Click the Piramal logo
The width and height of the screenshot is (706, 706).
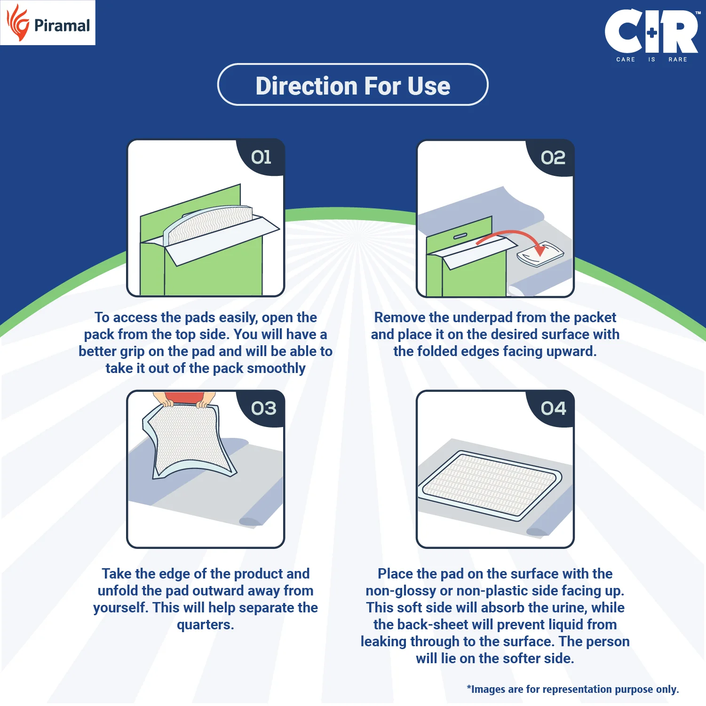[x=48, y=23]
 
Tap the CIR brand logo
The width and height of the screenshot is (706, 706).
[x=651, y=32]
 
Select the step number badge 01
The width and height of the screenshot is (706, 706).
[x=262, y=157]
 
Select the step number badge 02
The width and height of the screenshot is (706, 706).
[x=553, y=158]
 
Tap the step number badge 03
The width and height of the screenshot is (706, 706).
[x=263, y=408]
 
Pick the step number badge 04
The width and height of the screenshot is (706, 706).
[x=553, y=408]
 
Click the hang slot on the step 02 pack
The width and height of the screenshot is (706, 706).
[x=460, y=236]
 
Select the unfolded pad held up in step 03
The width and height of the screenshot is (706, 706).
[x=188, y=440]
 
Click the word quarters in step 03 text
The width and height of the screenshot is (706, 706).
[x=205, y=625]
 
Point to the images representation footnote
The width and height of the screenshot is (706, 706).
[x=572, y=690]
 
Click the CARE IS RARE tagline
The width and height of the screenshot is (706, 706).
[x=651, y=60]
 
